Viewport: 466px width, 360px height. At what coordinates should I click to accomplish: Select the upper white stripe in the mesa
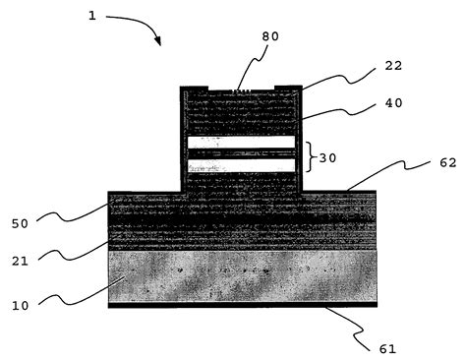pos(241,143)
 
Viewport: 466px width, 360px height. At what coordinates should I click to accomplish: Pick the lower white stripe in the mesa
pos(241,165)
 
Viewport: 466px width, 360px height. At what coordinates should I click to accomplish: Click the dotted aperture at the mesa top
pos(242,90)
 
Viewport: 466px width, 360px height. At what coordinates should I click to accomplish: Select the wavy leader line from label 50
pos(79,210)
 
